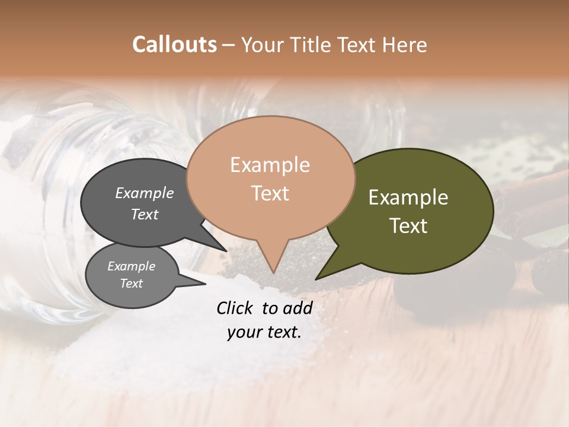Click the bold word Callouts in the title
coord(174,45)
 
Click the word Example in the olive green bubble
coord(408,197)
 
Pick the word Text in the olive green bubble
coord(408,226)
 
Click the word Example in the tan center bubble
coord(270,165)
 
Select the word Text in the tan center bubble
coord(270,193)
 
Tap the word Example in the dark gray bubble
coord(145,193)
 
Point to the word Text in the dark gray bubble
coord(145,215)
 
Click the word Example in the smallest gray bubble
coord(131,266)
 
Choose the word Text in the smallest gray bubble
coord(131,283)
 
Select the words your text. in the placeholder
coord(264,333)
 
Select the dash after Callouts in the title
coord(229,45)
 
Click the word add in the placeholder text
coord(297,308)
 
